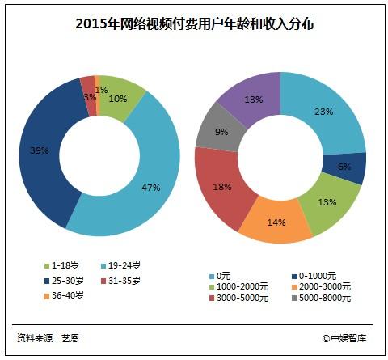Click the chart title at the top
click(194, 23)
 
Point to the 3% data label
click(89, 95)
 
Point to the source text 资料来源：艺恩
click(49, 337)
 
